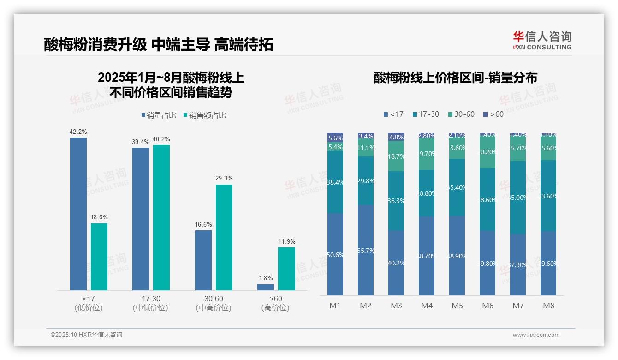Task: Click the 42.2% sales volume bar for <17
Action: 78,214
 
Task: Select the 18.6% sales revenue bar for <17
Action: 99,257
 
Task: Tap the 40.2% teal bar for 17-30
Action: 161,217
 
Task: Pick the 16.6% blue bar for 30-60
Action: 203,260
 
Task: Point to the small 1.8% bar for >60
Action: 266,287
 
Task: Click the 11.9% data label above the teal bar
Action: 287,242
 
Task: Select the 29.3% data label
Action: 224,179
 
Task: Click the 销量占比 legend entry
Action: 159,115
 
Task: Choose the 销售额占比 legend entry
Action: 204,115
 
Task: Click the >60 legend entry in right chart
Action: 493,114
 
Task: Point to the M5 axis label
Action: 457,306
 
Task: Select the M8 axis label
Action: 548,306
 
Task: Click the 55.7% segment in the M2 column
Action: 366,250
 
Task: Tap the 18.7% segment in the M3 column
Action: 396,156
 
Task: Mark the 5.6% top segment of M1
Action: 335,138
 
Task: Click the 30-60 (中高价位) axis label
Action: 214,303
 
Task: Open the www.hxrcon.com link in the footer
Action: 536,335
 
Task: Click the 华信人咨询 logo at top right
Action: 542,41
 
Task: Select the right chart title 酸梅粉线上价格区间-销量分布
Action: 455,78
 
